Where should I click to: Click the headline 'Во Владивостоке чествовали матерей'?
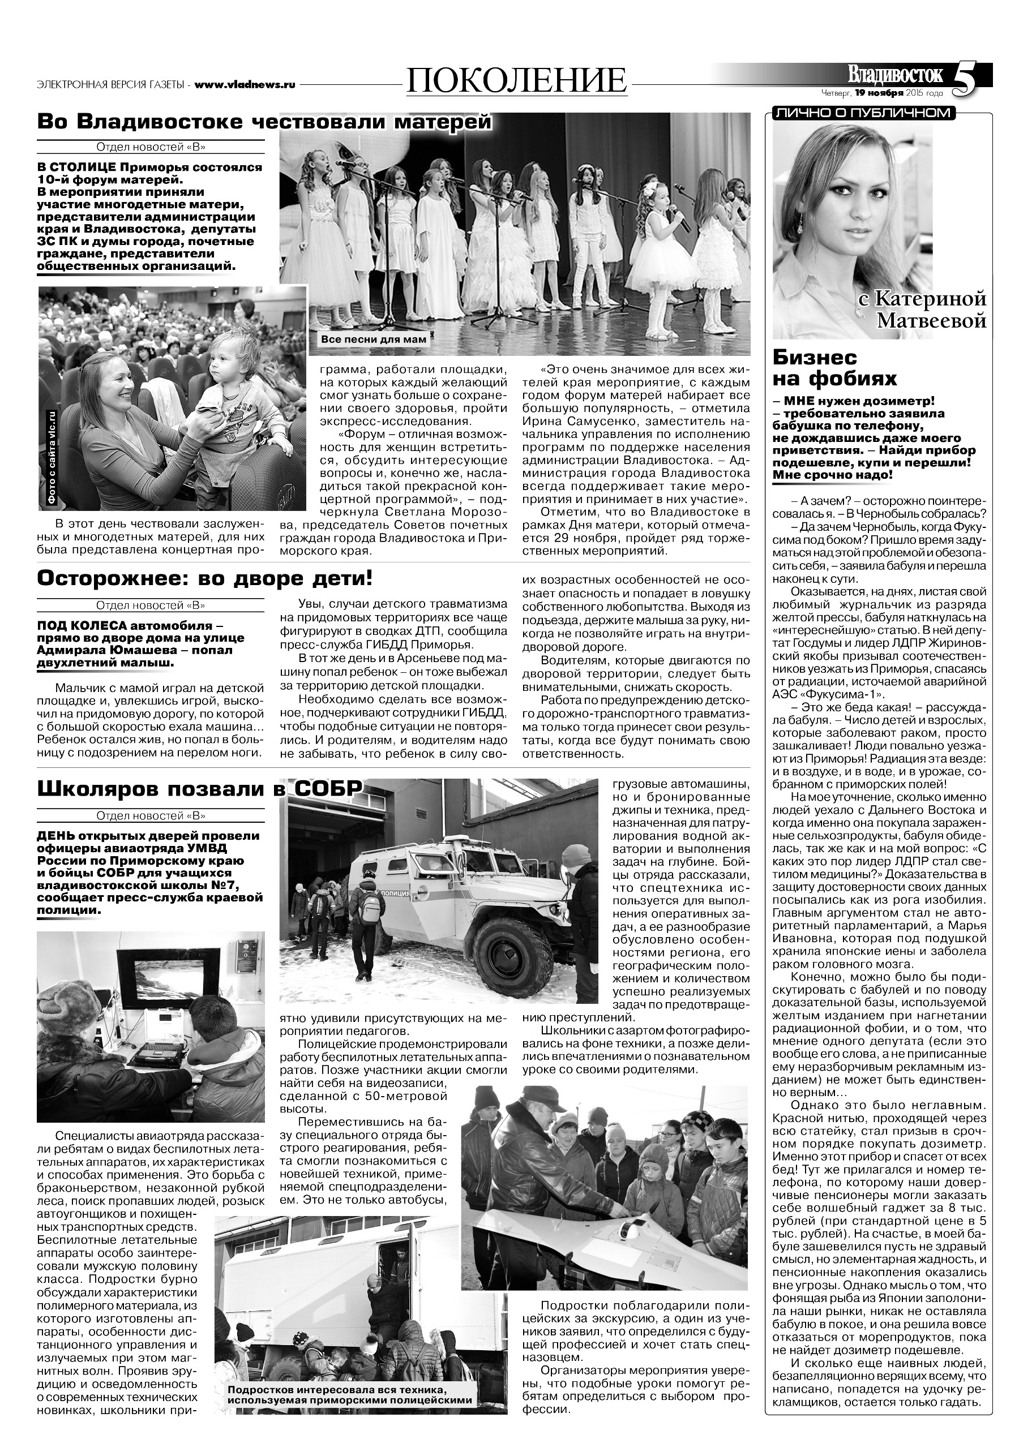click(264, 123)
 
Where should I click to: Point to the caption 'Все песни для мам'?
click(374, 340)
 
